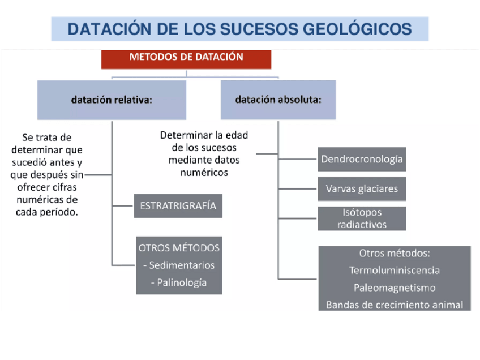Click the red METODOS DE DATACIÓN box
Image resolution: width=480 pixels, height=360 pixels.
(x=186, y=58)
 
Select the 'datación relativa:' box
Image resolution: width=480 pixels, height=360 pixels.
(x=112, y=100)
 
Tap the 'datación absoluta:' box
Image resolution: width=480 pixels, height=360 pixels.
(x=278, y=100)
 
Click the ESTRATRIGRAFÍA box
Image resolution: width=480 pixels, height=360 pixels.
(x=178, y=206)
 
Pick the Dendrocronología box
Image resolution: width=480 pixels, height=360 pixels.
(x=362, y=159)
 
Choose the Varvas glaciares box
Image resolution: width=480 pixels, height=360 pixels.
(x=362, y=188)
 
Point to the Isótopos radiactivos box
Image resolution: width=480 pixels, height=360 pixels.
(x=362, y=218)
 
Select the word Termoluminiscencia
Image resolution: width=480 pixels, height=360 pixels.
(x=395, y=271)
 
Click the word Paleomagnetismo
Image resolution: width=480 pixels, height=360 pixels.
(x=395, y=288)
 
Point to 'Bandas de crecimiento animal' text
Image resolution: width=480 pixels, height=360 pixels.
(x=395, y=305)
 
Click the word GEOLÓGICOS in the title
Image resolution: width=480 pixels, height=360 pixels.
(x=363, y=29)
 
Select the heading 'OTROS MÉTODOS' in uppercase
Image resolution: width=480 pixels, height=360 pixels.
(x=179, y=247)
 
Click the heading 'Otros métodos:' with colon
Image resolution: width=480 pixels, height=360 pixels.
(x=395, y=253)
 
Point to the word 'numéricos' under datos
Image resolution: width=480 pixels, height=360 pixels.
(x=204, y=172)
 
